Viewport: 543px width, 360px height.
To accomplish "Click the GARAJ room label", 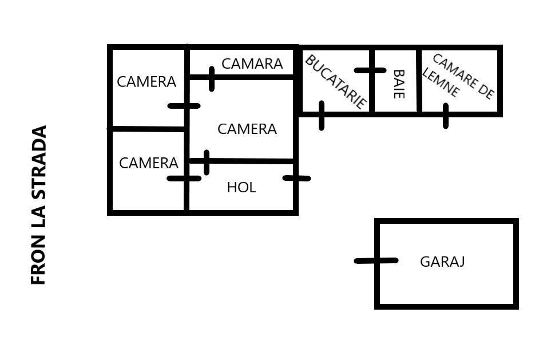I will pos(442,262).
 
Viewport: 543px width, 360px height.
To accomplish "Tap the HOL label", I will pos(241,187).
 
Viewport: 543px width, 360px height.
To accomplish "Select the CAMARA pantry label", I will pos(252,64).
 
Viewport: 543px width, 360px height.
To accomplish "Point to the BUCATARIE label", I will pos(335,81).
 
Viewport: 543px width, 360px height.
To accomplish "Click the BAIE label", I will pos(399,84).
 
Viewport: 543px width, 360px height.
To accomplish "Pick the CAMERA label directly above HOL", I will pos(247,129).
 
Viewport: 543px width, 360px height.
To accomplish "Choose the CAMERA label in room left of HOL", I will pos(148,163).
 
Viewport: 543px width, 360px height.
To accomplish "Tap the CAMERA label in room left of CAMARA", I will pos(146,82).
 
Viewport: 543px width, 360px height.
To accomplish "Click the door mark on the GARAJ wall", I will pos(376,260).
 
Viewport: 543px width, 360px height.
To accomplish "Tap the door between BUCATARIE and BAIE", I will pos(370,70).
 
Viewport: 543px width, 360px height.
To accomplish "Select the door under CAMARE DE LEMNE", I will pos(446,116).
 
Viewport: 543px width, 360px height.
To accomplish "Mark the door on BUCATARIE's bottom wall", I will pos(322,116).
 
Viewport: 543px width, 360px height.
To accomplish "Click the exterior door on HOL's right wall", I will pos(296,178).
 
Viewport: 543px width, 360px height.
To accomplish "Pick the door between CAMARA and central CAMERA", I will pos(212,79).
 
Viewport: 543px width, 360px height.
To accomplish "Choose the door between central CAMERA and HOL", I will pos(206,162).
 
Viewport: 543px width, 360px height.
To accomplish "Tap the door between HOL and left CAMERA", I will pos(184,178).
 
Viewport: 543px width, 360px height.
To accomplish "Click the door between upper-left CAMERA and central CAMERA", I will pos(184,105).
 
